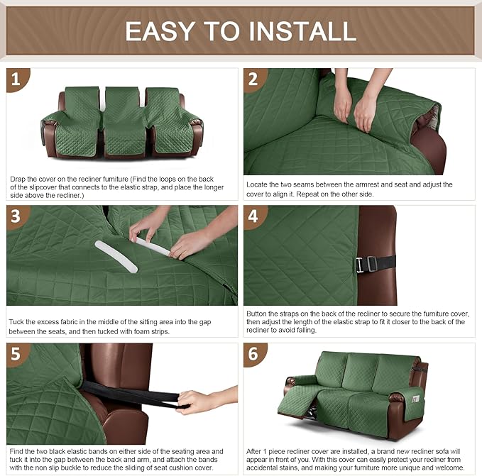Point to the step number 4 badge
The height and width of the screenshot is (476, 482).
click(x=253, y=216)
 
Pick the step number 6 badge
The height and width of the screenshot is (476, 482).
click(x=253, y=353)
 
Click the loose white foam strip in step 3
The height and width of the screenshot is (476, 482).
click(x=116, y=256)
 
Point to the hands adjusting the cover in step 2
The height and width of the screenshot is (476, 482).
click(x=355, y=106)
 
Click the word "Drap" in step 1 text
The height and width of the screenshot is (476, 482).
click(x=18, y=179)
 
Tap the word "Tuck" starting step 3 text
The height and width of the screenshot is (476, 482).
click(x=16, y=322)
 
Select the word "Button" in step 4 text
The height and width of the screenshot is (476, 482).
click(x=257, y=314)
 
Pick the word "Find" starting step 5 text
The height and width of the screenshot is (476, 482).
click(x=17, y=451)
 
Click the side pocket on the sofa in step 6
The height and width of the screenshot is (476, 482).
click(x=416, y=402)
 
